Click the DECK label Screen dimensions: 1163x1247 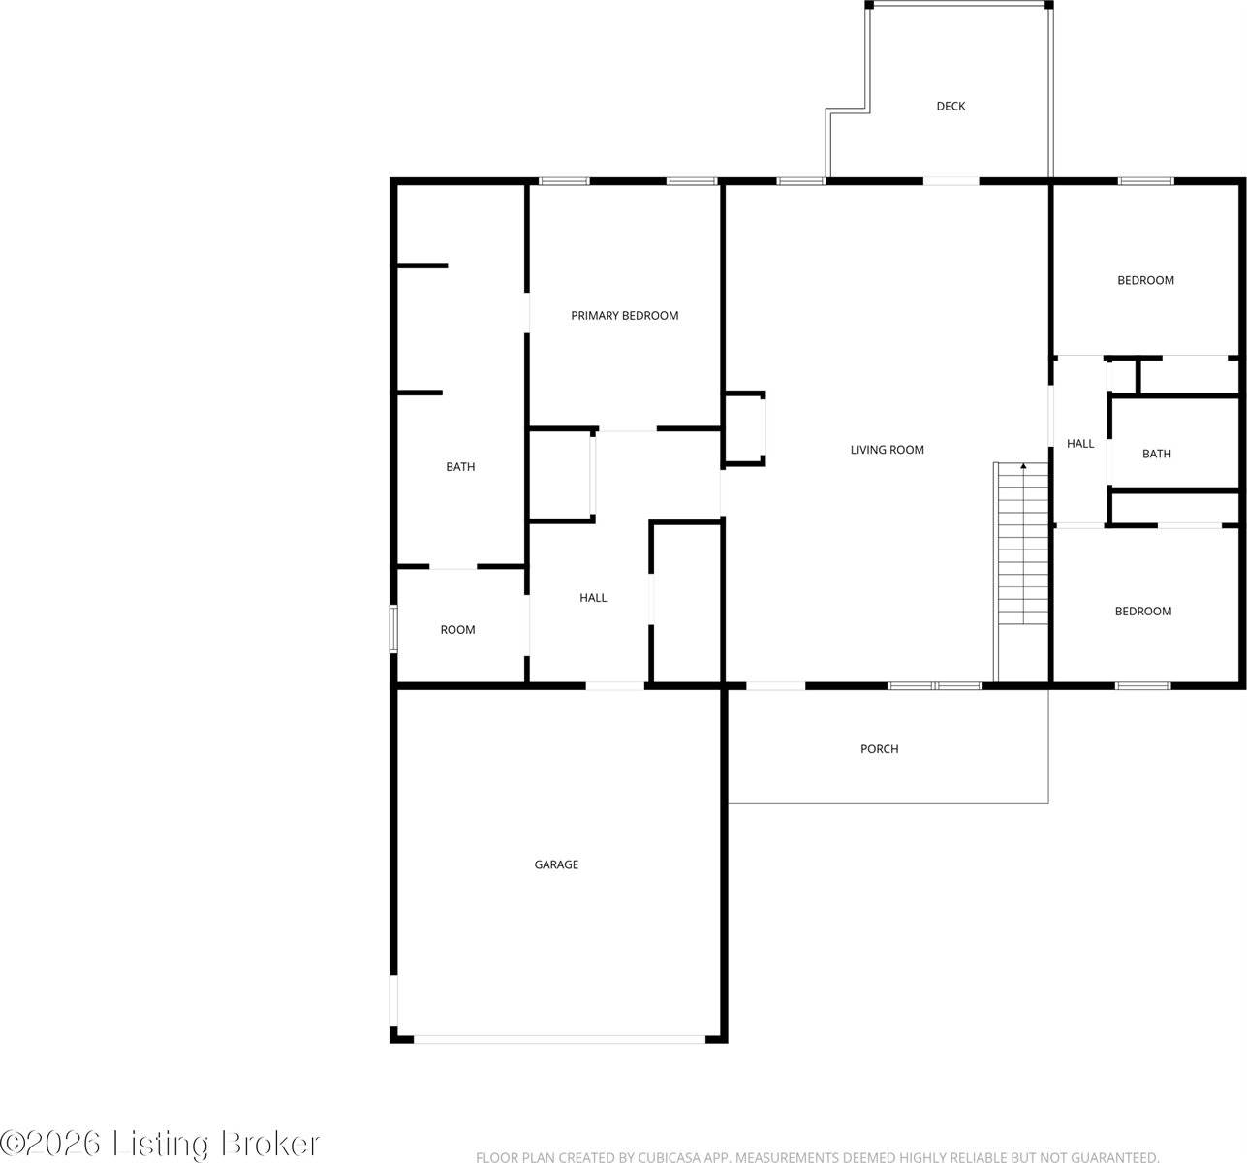[x=951, y=106]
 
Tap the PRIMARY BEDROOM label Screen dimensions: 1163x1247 [x=624, y=315]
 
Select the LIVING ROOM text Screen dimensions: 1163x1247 [x=887, y=450]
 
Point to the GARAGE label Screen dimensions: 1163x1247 [x=556, y=864]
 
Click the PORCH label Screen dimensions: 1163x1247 [x=879, y=749]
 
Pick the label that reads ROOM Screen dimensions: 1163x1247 [x=457, y=630]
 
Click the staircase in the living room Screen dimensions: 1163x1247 [x=1023, y=552]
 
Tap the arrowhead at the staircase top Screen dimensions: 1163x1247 [x=1023, y=467]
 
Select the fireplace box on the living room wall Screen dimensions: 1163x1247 [x=744, y=428]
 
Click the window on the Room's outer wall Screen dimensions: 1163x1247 [x=393, y=628]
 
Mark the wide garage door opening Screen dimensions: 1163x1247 [x=559, y=1039]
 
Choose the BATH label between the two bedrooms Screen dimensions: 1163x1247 [x=1156, y=454]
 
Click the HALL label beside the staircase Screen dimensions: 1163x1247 [x=1080, y=444]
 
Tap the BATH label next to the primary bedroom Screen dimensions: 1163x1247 [x=460, y=467]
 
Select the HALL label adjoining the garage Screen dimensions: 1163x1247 [x=593, y=598]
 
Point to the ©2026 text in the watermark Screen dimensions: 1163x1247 [x=51, y=1144]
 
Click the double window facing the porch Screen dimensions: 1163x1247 [x=935, y=686]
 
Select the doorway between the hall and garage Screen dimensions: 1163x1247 [x=615, y=686]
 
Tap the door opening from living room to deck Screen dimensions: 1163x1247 [x=951, y=180]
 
